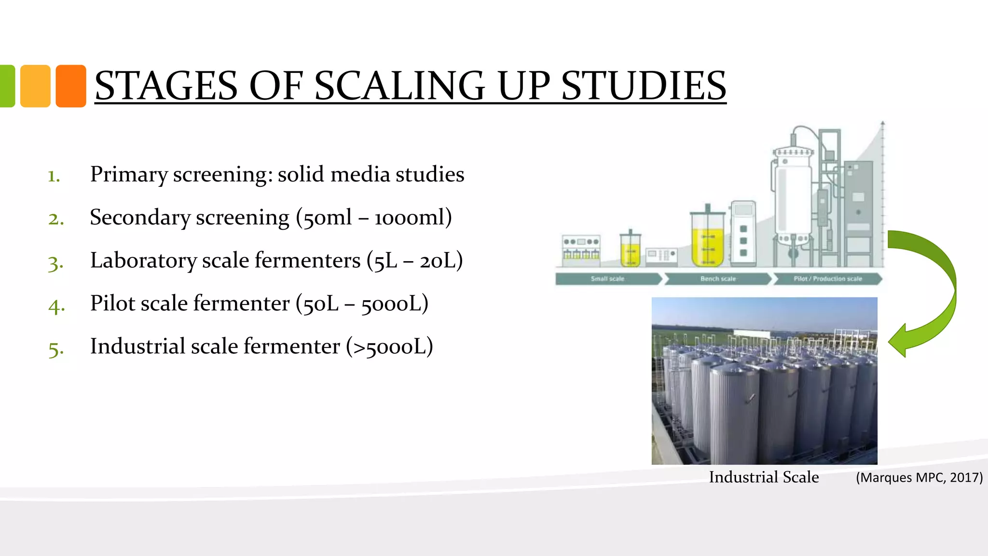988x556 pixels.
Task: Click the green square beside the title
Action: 7,86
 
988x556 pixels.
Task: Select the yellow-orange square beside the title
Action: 35,86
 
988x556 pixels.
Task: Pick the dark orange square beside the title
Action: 71,86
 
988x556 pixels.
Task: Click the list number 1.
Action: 54,176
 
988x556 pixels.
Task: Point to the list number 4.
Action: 56,306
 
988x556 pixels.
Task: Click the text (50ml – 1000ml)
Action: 374,217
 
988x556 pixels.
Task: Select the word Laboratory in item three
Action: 143,261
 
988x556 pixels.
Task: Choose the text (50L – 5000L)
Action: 362,304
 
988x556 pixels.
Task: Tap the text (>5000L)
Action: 389,347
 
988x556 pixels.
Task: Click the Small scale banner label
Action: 607,279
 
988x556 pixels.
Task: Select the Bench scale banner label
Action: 718,279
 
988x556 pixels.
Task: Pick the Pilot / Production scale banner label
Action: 827,279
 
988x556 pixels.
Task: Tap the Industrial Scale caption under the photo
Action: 764,477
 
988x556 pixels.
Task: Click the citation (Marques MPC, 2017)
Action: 919,478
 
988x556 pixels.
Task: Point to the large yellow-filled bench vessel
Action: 707,241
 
